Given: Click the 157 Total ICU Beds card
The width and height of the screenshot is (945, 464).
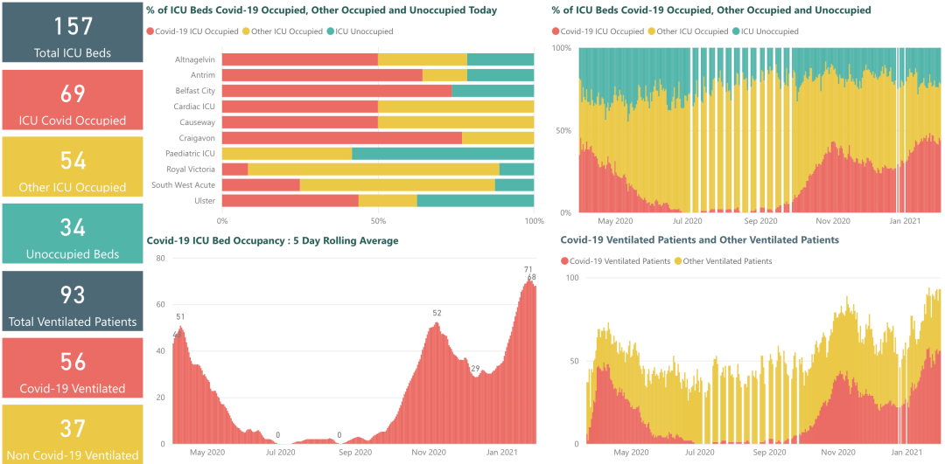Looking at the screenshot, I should (72, 32).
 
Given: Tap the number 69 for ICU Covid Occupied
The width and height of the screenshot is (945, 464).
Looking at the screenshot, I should (72, 93).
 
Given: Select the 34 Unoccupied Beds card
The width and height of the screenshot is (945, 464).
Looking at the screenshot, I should (72, 233).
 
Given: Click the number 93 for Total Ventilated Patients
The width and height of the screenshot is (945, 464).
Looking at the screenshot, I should (72, 294).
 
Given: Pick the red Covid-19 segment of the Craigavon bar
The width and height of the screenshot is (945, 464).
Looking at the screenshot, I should (341, 138).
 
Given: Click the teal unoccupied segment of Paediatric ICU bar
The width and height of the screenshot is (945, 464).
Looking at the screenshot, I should (443, 154).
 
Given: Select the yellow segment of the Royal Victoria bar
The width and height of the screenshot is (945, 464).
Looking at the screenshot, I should (374, 170).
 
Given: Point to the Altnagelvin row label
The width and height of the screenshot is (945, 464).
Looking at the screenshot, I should (195, 59).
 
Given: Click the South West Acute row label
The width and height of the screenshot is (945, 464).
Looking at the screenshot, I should (183, 185).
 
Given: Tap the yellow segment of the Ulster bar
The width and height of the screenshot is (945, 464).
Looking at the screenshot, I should (388, 201).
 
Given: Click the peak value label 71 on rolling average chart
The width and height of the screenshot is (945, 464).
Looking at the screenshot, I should (528, 269).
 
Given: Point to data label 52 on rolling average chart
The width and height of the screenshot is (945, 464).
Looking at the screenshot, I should (437, 313).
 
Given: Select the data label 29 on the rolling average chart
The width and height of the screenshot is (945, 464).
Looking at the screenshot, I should (475, 368).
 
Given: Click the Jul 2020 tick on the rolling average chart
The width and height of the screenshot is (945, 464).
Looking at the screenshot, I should (281, 452).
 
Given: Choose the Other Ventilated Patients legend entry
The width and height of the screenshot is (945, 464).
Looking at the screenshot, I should (727, 261).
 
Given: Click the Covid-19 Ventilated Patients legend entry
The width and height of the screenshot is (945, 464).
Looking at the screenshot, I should (619, 261).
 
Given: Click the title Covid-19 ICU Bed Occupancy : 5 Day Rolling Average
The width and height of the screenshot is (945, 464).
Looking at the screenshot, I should (272, 240).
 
